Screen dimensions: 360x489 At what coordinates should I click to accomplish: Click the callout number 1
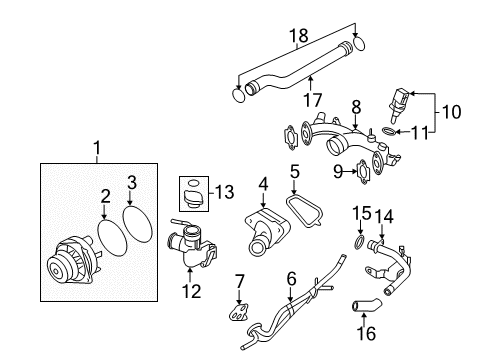(x=97, y=150)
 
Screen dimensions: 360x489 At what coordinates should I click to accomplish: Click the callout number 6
(x=292, y=279)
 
